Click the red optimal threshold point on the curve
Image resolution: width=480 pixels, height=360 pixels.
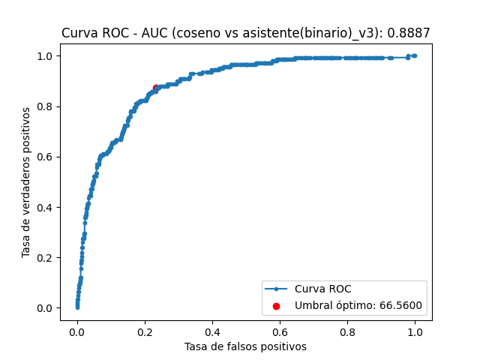pos(156,88)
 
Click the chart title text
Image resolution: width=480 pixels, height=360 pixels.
pos(245,33)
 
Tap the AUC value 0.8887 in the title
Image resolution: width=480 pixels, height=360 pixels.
pos(410,33)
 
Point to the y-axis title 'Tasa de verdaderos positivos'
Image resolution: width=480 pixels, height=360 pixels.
pos(26,182)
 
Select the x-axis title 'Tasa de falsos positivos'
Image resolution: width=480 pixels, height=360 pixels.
pos(245,346)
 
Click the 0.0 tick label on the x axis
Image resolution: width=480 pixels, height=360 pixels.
pos(76,331)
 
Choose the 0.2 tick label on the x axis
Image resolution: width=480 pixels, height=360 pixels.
pos(144,331)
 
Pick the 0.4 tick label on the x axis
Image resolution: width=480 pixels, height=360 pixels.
pos(212,331)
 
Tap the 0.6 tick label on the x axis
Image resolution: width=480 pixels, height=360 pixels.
pos(280,331)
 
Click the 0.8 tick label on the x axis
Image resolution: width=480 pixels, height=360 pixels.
pos(347,331)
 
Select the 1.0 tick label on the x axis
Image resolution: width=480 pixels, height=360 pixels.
pos(415,331)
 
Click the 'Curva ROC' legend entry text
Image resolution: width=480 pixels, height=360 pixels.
pos(322,289)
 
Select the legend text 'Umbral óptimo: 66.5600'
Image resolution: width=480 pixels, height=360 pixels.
pos(358,305)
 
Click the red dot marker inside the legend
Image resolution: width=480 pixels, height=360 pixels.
pos(277,306)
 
